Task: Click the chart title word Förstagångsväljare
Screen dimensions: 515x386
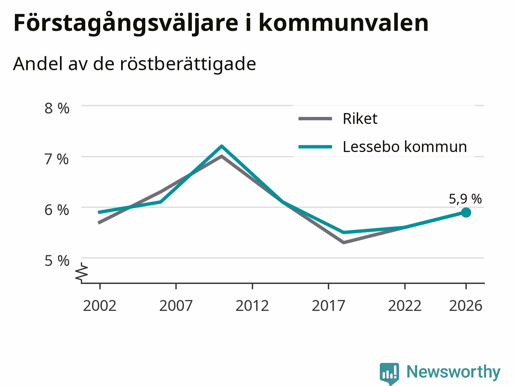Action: tap(126, 23)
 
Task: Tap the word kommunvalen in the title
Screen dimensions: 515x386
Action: tap(344, 23)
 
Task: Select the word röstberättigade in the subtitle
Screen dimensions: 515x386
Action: tap(188, 64)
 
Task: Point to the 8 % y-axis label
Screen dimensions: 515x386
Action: tap(57, 108)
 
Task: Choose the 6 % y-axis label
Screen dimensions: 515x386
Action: tap(57, 210)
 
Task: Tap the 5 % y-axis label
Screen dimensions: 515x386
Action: tap(57, 261)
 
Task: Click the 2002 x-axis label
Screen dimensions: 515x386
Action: tap(100, 306)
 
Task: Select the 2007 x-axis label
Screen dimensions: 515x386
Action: tap(176, 306)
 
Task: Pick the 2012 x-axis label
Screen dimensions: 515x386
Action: tap(252, 306)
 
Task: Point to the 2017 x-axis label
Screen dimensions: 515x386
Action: tap(328, 306)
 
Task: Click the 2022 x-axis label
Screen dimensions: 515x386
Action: tap(405, 306)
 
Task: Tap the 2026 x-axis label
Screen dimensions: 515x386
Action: tap(466, 306)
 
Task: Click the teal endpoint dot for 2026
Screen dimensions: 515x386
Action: tap(466, 213)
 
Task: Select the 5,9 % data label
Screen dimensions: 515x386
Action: tap(465, 199)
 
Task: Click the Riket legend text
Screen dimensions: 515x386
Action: tap(360, 119)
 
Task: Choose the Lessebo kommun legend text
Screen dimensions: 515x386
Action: tap(405, 147)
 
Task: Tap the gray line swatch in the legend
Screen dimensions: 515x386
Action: tap(315, 119)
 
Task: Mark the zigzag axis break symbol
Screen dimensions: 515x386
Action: tap(81, 272)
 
